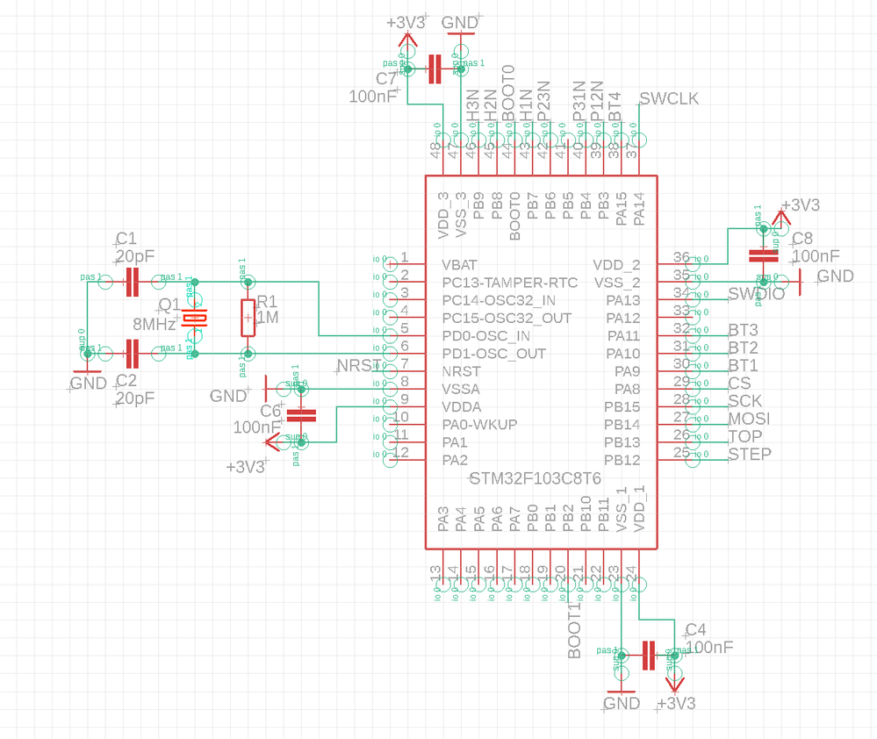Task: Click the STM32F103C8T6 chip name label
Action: [536, 479]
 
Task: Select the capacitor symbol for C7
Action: [434, 69]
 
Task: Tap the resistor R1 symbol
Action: [248, 318]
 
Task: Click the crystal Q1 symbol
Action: [195, 318]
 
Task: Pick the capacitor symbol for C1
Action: [133, 282]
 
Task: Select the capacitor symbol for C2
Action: [133, 354]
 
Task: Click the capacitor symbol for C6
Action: [301, 414]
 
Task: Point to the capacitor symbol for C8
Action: [762, 255]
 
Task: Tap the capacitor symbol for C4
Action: [649, 655]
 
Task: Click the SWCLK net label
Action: [670, 98]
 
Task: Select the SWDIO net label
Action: [757, 294]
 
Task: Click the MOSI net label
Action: [749, 419]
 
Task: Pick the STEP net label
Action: [750, 454]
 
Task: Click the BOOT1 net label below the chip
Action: [575, 631]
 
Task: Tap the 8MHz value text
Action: [155, 324]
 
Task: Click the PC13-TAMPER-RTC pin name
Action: [510, 282]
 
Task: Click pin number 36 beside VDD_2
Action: [681, 257]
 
